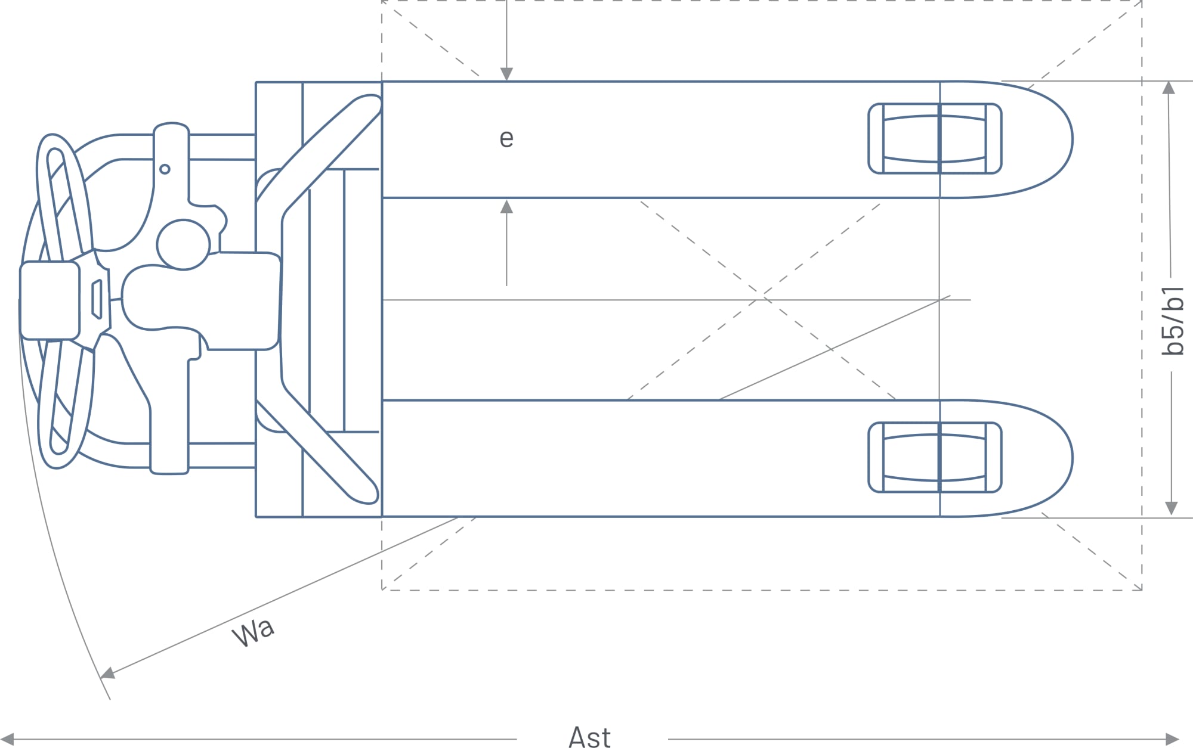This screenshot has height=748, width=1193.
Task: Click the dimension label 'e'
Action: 506,139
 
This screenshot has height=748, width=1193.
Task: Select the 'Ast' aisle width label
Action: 589,737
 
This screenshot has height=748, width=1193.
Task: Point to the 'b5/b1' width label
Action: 1173,322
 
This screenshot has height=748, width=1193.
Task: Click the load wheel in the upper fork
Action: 935,138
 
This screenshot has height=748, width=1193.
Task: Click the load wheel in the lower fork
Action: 935,457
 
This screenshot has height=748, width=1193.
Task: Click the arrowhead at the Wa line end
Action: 107,674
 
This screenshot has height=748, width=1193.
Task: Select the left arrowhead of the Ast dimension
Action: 7,740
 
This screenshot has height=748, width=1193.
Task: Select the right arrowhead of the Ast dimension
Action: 1173,740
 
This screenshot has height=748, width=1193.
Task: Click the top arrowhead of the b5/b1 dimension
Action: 1169,88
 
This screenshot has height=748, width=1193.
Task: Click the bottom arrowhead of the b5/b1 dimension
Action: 1171,508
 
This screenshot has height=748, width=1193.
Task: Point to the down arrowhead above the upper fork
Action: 506,74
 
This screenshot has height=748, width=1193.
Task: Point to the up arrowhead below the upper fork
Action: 506,207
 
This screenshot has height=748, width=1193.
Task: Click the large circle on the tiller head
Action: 183,244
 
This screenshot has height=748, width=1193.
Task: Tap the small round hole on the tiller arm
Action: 165,169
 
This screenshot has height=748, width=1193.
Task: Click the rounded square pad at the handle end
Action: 50,300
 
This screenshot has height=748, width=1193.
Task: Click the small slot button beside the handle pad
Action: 97,299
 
